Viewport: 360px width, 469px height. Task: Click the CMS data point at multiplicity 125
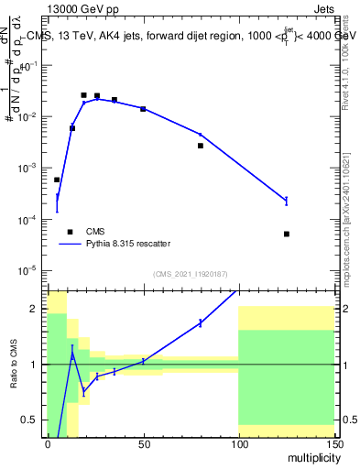(287, 234)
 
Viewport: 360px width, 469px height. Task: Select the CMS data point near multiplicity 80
(201, 146)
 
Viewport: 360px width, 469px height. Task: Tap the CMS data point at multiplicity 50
(143, 109)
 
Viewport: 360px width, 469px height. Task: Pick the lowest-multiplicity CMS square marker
(57, 180)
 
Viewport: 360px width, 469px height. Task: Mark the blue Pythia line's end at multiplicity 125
(287, 200)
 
